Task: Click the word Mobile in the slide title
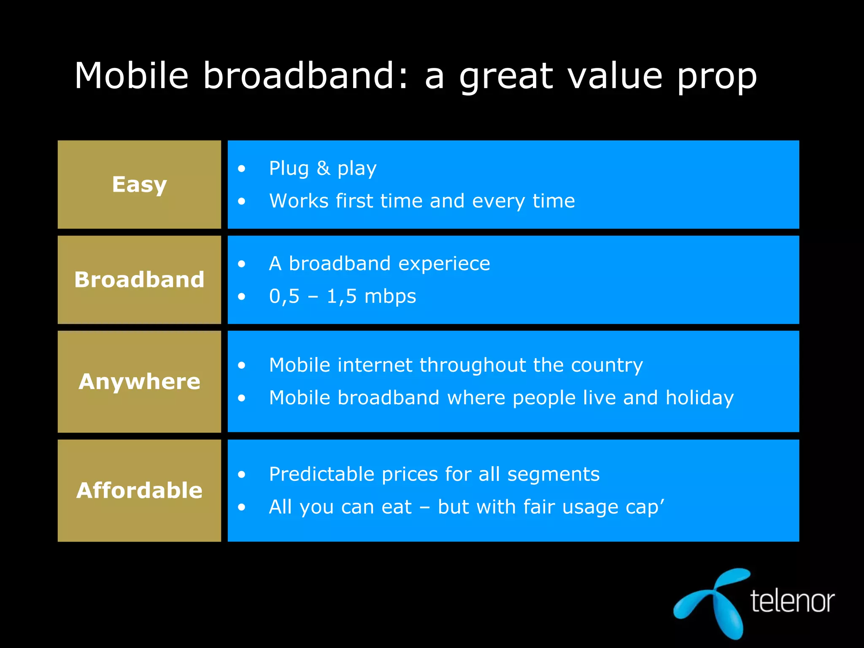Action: pyautogui.click(x=131, y=76)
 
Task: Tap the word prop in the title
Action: pyautogui.click(x=717, y=78)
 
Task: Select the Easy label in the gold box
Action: pyautogui.click(x=139, y=185)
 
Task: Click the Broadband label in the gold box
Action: pyautogui.click(x=139, y=280)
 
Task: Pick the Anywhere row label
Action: pyautogui.click(x=139, y=381)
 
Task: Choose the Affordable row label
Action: pyautogui.click(x=139, y=490)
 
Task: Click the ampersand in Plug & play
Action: pyautogui.click(x=323, y=168)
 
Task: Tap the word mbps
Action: pyautogui.click(x=390, y=297)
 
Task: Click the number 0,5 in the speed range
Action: pyautogui.click(x=284, y=297)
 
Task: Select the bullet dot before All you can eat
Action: pyautogui.click(x=241, y=508)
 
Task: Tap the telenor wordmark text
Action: pyautogui.click(x=792, y=601)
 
